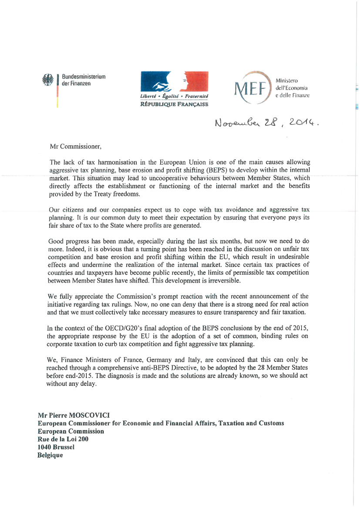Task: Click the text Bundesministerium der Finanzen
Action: (x=84, y=80)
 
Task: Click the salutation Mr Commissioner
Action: (x=75, y=147)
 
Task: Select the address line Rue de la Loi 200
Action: (x=63, y=439)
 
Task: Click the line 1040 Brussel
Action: (x=56, y=447)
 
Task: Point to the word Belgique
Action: (x=50, y=455)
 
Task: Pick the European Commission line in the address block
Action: (x=71, y=431)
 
